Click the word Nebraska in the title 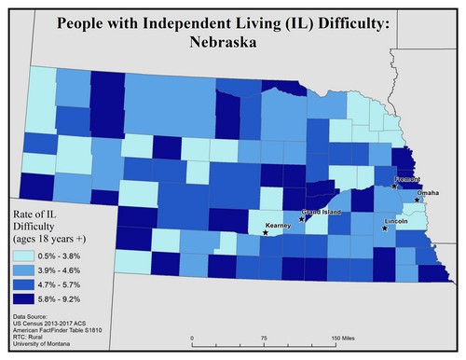tap(232, 43)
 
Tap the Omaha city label tap(429, 193)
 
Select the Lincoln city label tap(396, 222)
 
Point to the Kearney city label tap(279, 226)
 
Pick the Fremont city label tap(408, 178)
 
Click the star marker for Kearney tap(266, 233)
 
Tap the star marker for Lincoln tap(385, 228)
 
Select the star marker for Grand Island tap(302, 220)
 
